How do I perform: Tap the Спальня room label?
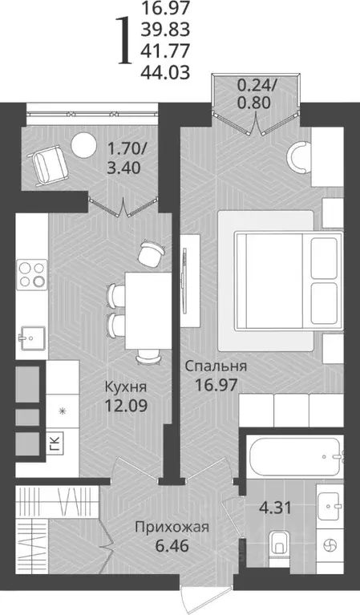point(216,366)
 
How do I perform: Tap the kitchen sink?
point(30,334)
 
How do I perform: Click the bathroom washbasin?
point(329,504)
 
